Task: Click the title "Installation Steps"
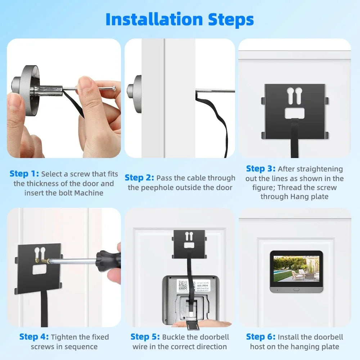pos(180,19)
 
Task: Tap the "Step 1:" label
pos(24,174)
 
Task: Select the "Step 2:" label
pos(139,177)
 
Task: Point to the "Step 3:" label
pos(261,168)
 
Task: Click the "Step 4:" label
pos(34,337)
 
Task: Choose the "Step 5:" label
pos(145,337)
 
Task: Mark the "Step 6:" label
pos(261,337)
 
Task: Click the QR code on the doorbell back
pos(183,285)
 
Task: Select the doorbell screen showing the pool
pos(296,269)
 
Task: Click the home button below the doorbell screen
pos(296,289)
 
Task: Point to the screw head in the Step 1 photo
pos(114,87)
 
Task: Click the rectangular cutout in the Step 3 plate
pos(295,113)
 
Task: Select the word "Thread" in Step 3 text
pos(289,188)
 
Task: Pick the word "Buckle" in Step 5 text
pos(174,337)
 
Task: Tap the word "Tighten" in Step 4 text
pos(64,337)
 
